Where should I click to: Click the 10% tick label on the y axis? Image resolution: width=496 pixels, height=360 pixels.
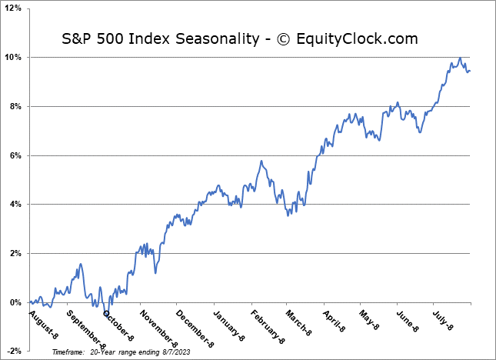point(15,57)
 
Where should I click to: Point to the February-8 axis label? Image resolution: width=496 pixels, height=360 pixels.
point(268,327)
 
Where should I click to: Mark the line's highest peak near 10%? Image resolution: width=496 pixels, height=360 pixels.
point(459,58)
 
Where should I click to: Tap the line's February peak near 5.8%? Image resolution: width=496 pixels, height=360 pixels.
point(261,161)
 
